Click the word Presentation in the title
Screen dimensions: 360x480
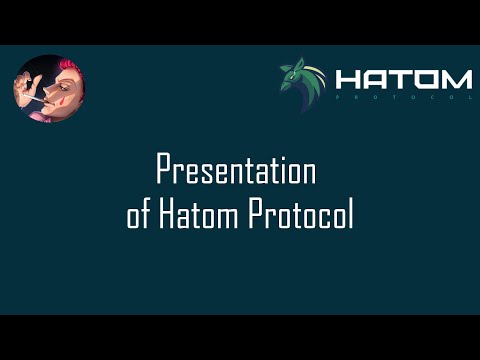pyautogui.click(x=237, y=172)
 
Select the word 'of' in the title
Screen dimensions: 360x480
pyautogui.click(x=138, y=216)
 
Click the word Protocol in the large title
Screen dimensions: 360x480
pyautogui.click(x=301, y=216)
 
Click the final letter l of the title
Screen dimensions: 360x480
pyautogui.click(x=351, y=215)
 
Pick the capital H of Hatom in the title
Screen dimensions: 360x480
pyautogui.click(x=165, y=216)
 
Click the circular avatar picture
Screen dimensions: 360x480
pyautogui.click(x=49, y=90)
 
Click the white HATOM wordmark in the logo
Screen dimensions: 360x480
pyautogui.click(x=403, y=79)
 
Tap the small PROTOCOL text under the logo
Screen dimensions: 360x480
pyautogui.click(x=403, y=98)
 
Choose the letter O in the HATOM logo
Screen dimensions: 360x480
pyautogui.click(x=427, y=79)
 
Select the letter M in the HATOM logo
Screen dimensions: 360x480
pyautogui.click(x=457, y=79)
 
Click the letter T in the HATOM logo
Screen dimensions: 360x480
pyautogui.click(x=402, y=79)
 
